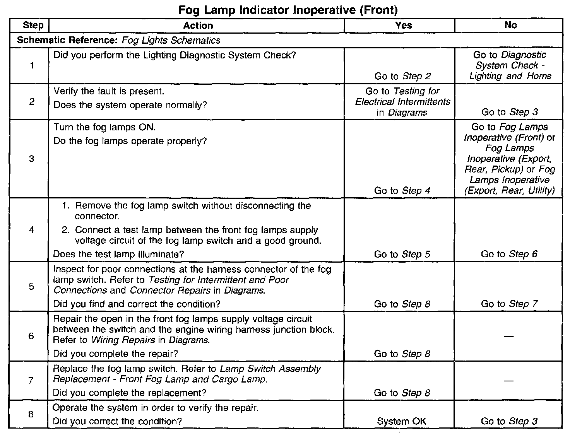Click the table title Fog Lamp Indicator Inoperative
[288, 10]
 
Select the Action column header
[198, 26]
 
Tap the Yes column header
[403, 25]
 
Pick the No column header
[510, 25]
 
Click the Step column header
[33, 26]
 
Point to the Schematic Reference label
[68, 40]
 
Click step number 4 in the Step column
[31, 230]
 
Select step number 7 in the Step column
[31, 380]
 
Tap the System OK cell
[401, 421]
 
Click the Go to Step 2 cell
[402, 76]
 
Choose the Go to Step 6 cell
[509, 254]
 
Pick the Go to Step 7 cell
[509, 304]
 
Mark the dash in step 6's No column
[509, 337]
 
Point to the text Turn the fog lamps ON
[104, 127]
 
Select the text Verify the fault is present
[109, 91]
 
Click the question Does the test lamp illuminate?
[118, 254]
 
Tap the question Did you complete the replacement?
[129, 393]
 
